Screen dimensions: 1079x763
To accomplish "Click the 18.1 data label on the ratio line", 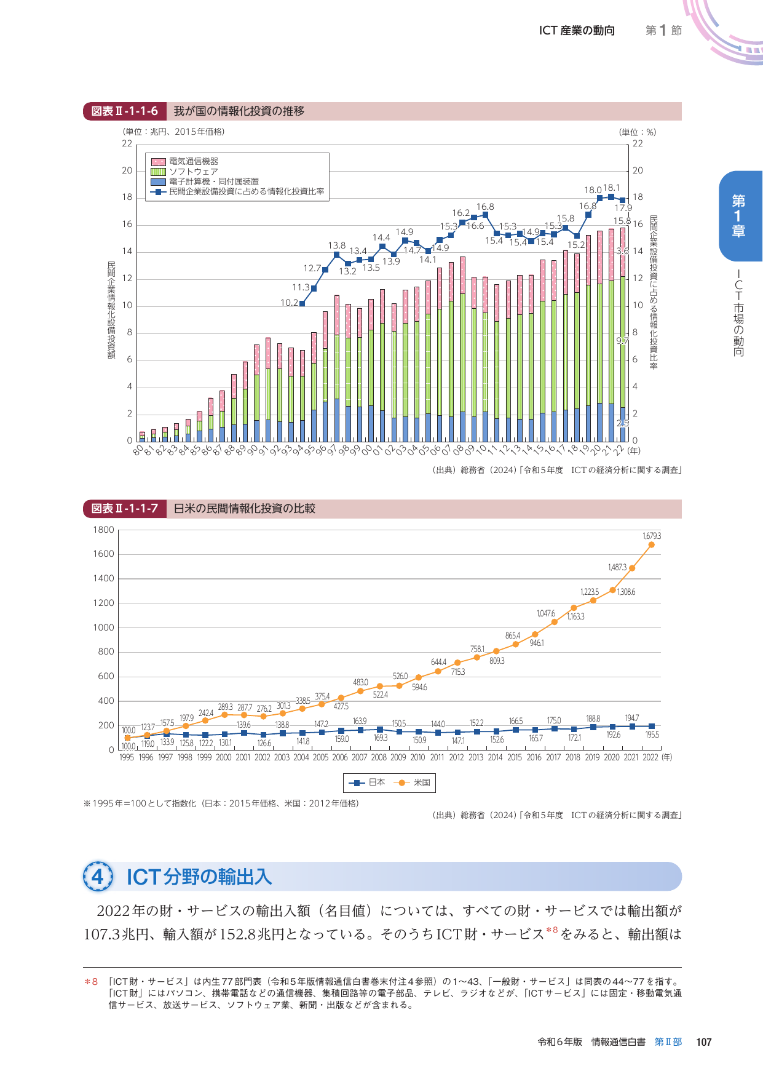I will tap(612, 188).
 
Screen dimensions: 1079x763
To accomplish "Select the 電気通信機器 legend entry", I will tap(193, 161).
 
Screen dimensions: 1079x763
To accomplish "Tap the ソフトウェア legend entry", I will tap(193, 172).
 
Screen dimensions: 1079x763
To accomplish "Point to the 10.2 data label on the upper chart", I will tap(289, 303).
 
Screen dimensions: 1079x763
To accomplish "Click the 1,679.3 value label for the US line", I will tap(652, 536).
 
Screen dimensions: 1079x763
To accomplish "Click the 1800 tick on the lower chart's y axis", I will tap(103, 530).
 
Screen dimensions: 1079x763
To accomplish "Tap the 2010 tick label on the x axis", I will tap(417, 757).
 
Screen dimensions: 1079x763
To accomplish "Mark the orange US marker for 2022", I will tap(651, 545).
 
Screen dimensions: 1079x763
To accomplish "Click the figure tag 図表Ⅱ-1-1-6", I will tap(125, 111).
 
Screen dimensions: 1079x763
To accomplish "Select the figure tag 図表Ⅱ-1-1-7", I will tap(125, 509).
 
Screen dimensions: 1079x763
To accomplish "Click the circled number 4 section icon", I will tap(98, 877).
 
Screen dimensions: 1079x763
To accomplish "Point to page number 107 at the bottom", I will tap(703, 1041).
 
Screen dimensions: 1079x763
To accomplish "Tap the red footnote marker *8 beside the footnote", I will tap(91, 982).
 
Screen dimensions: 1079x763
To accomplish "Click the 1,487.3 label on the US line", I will tap(617, 567).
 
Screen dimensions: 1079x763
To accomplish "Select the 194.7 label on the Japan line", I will tap(631, 718).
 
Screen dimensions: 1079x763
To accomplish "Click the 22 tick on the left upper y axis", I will tap(127, 143).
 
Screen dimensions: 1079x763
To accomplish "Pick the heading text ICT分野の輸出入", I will tap(199, 877).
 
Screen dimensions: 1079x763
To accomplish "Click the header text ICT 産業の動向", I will tap(577, 31).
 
